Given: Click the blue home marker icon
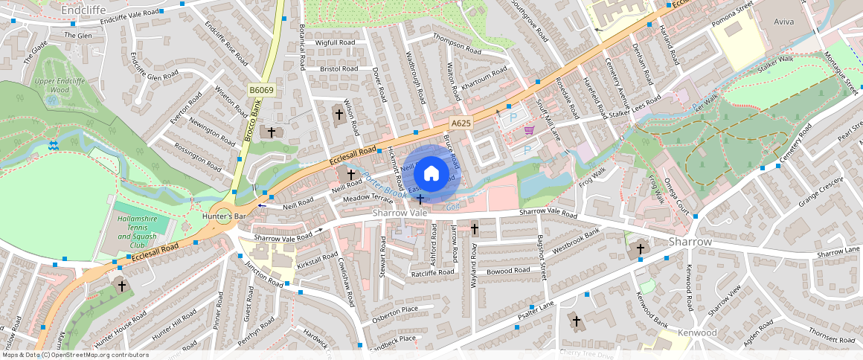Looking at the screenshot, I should tap(431, 174).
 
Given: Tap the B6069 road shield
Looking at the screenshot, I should tap(262, 90).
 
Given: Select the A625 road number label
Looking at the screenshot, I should tap(461, 123).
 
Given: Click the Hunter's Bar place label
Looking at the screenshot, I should tap(223, 216).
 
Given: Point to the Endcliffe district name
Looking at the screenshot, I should tap(83, 10).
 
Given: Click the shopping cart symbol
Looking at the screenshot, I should tap(529, 130).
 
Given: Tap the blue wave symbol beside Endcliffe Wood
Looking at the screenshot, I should tap(54, 144).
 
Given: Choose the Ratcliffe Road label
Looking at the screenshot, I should tap(432, 273).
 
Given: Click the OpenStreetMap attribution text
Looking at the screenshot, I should tap(74, 355).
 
